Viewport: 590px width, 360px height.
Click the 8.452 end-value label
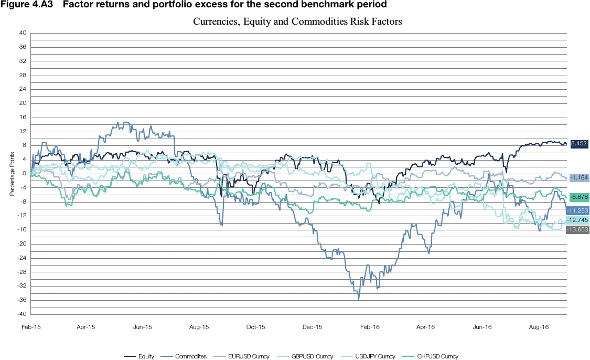tap(578, 143)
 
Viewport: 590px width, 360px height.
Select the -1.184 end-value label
tap(578, 178)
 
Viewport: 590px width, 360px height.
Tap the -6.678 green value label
tap(578, 197)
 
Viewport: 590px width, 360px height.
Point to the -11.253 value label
tap(578, 210)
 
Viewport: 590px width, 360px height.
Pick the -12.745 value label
tap(578, 220)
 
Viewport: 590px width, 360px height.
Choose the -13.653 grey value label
tap(578, 229)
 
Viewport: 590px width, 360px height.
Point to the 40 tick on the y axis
tap(23, 33)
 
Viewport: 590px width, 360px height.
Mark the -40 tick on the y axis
tap(22, 314)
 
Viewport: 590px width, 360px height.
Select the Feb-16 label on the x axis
tap(370, 327)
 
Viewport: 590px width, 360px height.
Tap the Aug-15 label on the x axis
tap(199, 327)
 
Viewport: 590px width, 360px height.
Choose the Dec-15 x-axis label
tap(313, 327)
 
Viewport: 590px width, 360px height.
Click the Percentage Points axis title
tap(11, 173)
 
